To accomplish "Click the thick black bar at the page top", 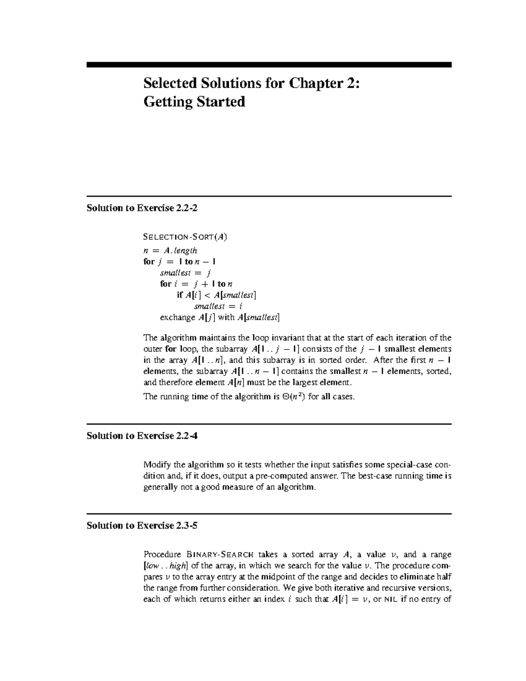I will tap(269, 64).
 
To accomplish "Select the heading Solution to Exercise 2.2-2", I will tap(142, 208).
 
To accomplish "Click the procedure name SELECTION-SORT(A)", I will tap(185, 237).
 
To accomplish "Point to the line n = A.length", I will tap(170, 250).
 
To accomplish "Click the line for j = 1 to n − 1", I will tap(179, 262).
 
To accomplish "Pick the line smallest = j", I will tap(179, 273).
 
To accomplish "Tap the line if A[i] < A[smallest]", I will tap(216, 295).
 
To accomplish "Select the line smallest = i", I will tap(218, 306).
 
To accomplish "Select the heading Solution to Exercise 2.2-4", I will tap(142, 435).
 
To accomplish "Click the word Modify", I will tap(157, 465).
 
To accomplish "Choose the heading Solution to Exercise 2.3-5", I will tap(142, 525).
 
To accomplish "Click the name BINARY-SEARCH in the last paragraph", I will tap(220, 555).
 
